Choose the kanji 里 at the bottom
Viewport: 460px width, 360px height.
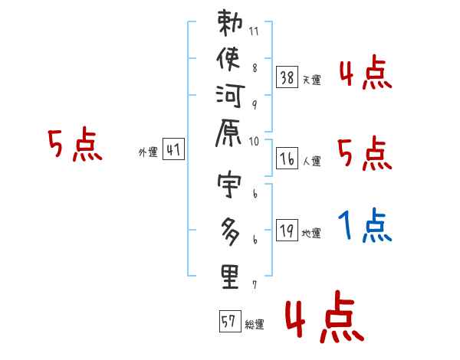[x=231, y=277]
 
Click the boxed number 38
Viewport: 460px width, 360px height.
[x=287, y=77]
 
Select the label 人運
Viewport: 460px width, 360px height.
[x=311, y=161]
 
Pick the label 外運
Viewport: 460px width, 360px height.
[x=147, y=152]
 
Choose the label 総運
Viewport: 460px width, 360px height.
[x=255, y=324]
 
